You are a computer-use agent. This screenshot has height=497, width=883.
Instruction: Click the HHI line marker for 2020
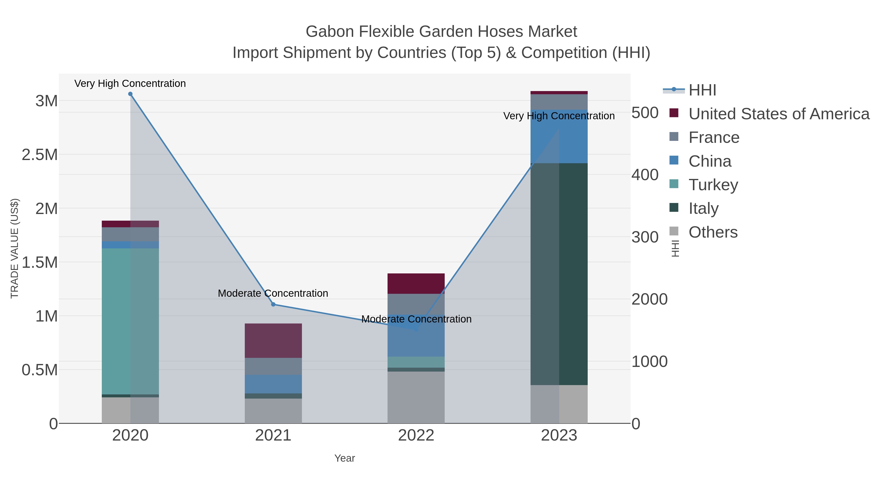[130, 94]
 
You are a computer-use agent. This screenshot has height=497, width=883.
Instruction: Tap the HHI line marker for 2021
[273, 304]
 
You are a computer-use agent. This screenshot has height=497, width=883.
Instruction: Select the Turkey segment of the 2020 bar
[130, 321]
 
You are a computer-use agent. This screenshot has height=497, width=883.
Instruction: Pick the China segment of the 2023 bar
[559, 136]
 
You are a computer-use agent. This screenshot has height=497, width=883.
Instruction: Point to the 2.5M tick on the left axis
[40, 155]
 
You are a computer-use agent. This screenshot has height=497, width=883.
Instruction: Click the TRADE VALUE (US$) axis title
[14, 248]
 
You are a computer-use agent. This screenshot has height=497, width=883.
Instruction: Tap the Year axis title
[345, 458]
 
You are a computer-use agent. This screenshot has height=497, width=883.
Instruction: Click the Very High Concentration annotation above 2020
[130, 83]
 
